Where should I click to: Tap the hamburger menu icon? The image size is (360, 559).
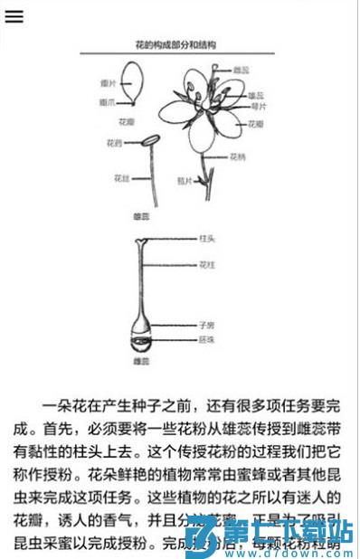(14, 16)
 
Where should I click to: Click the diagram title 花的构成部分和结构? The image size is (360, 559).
(175, 43)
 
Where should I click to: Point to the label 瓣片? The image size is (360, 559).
(107, 83)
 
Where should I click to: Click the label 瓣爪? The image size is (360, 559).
(107, 102)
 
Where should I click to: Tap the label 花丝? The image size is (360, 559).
(122, 177)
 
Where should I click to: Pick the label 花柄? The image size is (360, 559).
(237, 156)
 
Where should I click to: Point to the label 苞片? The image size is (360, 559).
(185, 179)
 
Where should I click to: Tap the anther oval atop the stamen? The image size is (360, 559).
(147, 140)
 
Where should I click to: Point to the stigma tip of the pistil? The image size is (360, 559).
(140, 241)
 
